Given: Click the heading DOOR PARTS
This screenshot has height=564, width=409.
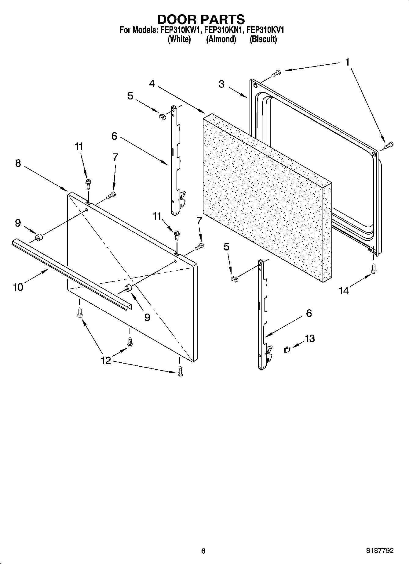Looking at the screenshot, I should tap(201, 19).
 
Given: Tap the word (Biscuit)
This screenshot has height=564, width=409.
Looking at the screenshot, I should tap(263, 39).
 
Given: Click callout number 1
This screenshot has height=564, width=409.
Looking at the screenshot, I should tap(347, 62).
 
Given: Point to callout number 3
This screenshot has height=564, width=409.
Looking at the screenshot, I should tap(222, 84).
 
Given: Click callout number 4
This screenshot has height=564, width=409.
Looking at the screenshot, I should tap(152, 84).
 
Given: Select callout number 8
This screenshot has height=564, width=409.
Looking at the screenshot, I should tap(18, 163).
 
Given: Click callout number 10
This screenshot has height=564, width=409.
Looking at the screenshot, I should tap(18, 287).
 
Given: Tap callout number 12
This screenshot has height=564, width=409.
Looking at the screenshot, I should tap(106, 361).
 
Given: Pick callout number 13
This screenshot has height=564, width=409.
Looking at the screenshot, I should tap(310, 338).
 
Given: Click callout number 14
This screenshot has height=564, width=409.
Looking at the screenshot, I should tap(344, 291).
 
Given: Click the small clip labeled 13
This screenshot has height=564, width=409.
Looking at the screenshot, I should tap(287, 350).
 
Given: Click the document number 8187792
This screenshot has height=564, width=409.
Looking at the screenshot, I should tap(380, 551).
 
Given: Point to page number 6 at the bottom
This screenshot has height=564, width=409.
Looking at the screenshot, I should tap(203, 551).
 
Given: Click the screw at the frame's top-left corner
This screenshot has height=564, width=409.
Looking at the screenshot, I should tap(276, 73).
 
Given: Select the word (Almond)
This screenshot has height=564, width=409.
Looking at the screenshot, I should tap(221, 39).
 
